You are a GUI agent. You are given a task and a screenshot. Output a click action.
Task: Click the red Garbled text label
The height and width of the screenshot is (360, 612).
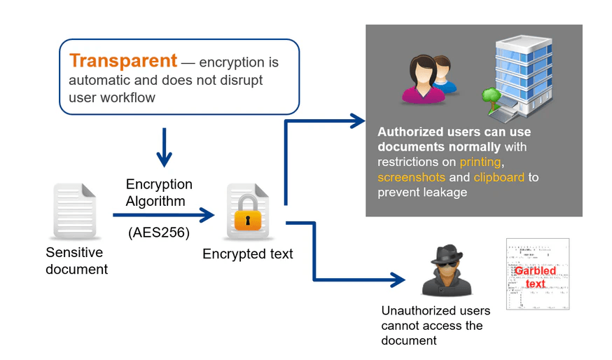(535, 277)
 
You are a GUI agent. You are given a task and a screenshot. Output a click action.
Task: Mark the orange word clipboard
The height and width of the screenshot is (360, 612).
(499, 177)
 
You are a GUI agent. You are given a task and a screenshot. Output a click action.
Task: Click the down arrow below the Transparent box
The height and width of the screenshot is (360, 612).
(164, 148)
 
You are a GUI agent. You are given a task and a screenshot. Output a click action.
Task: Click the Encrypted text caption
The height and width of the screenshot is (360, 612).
(247, 254)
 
